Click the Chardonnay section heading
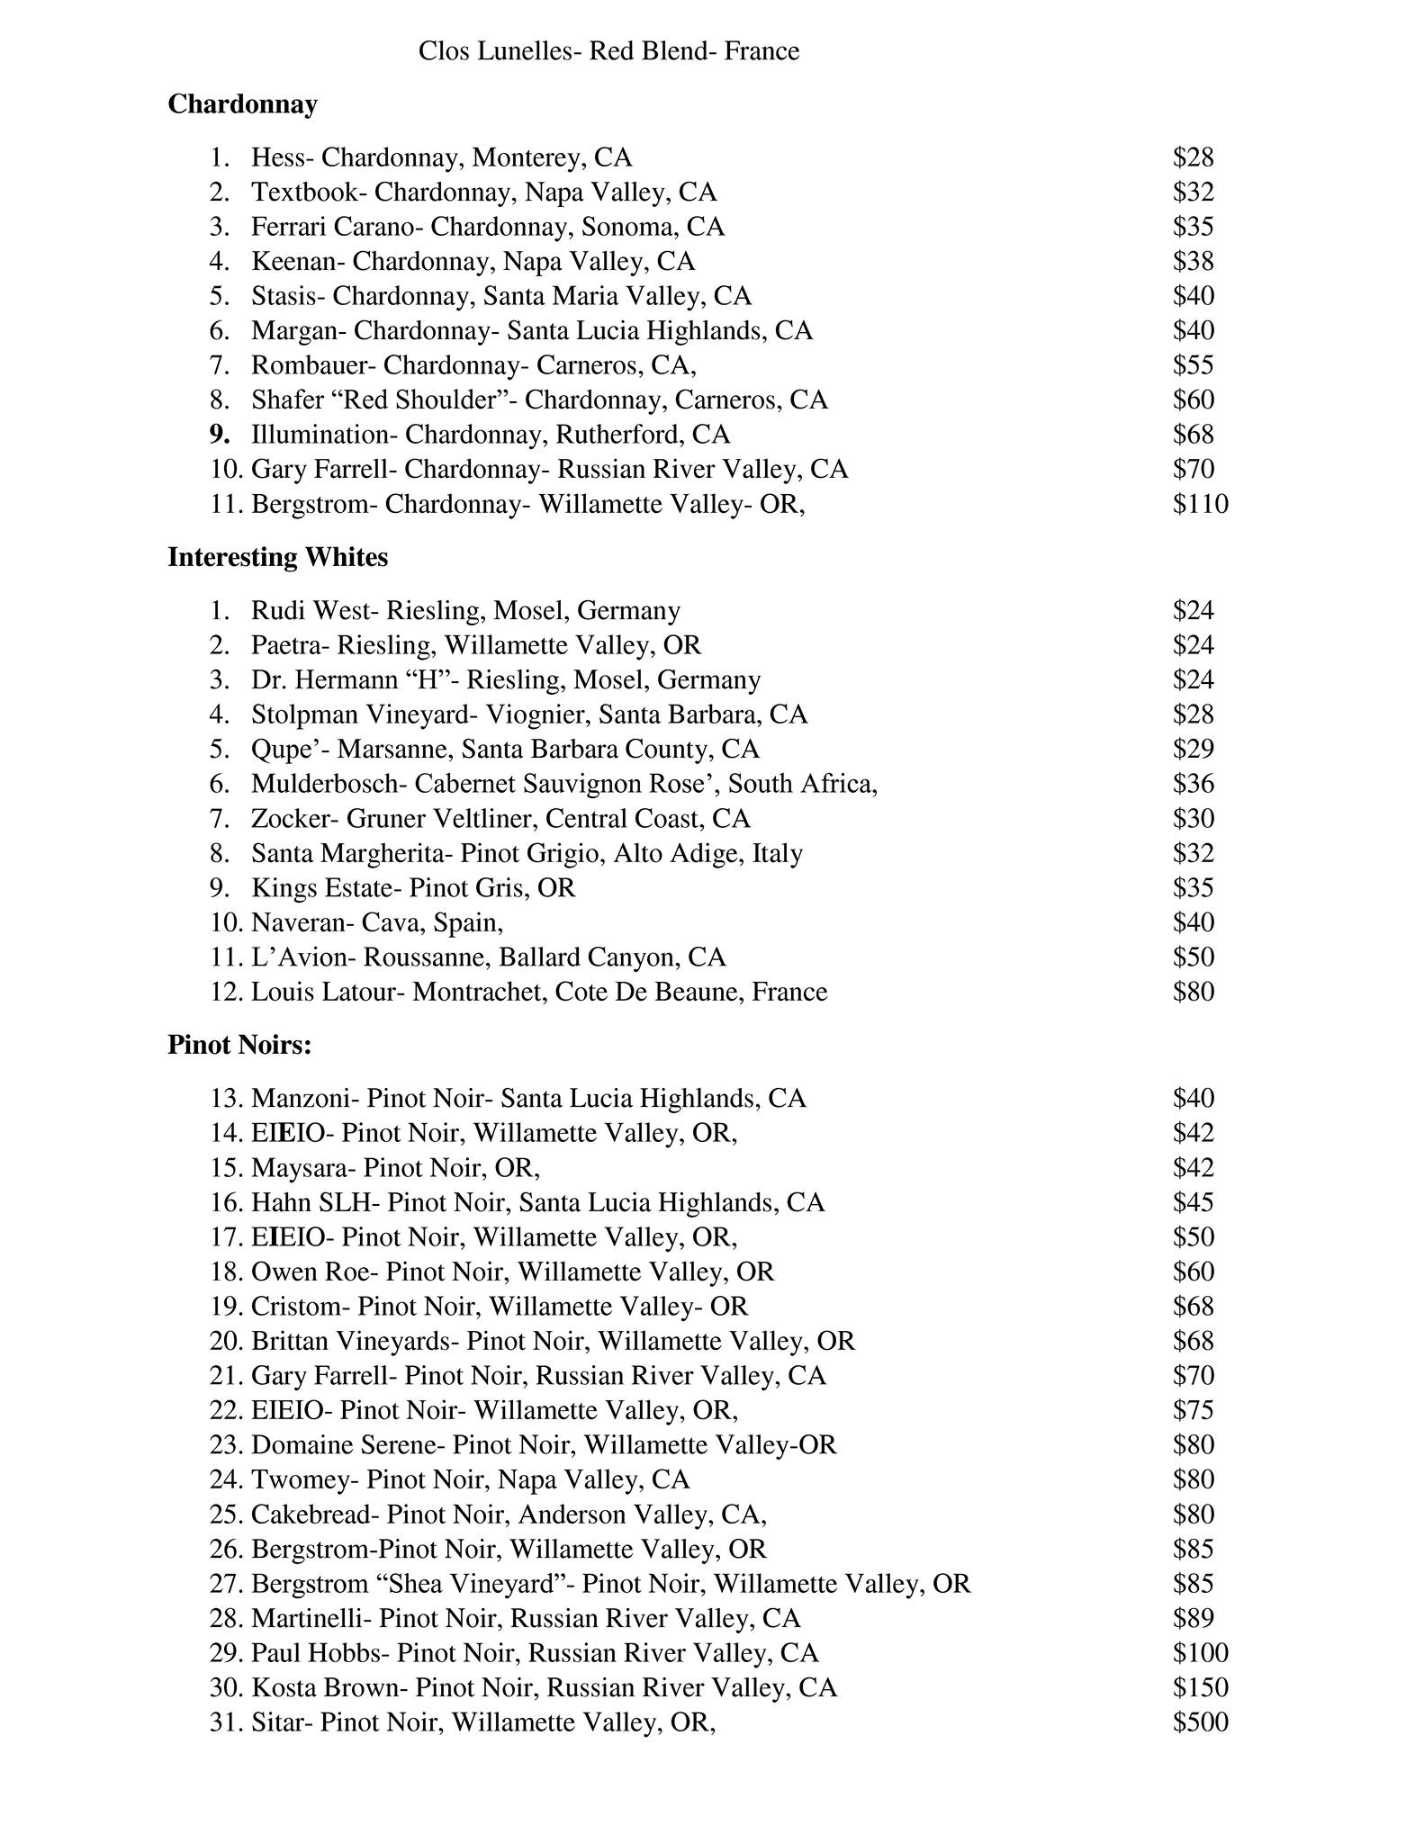242,104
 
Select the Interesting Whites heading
277,557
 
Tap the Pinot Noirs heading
239,1045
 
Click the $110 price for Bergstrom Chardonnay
1200,504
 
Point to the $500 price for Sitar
1200,1722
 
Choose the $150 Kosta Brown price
1200,1687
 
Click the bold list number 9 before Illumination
219,435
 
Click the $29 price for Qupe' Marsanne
1194,749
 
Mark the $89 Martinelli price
1194,1618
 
